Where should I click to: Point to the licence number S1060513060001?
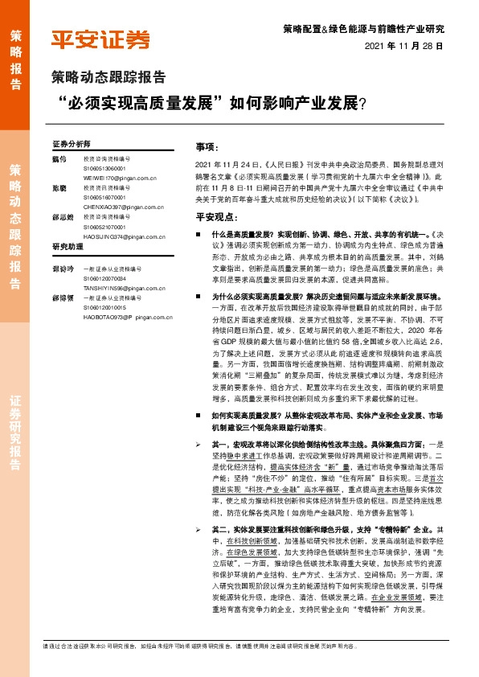[105, 168]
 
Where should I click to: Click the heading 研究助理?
[68, 246]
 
